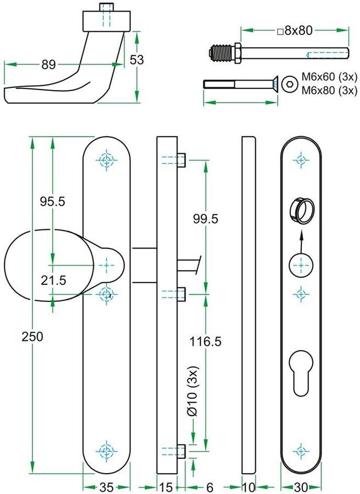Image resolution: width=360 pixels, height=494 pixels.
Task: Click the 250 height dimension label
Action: point(32,336)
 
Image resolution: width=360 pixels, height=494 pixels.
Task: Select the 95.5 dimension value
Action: point(53,201)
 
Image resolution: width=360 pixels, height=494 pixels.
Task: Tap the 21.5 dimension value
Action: point(53,280)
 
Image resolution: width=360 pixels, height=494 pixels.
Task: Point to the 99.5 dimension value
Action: point(206,218)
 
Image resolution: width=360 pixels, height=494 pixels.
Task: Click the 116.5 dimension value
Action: point(205,342)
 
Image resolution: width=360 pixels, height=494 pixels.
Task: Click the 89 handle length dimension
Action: point(48,65)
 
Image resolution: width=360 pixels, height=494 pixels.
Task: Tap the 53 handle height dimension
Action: point(137,60)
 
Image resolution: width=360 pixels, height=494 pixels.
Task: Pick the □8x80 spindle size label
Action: point(295,31)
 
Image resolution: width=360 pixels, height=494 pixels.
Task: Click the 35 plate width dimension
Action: point(108,486)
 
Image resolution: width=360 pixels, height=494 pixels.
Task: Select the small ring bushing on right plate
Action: point(300,210)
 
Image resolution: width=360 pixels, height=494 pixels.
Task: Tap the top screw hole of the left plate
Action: point(107,160)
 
